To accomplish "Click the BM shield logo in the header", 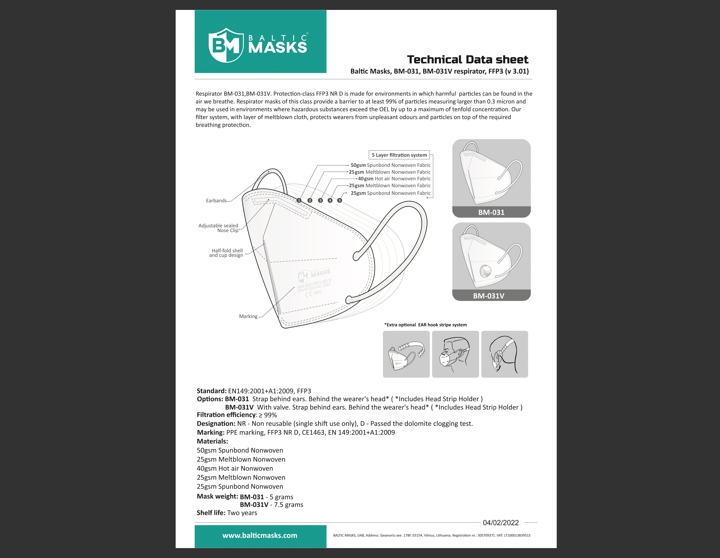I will pyautogui.click(x=226, y=45).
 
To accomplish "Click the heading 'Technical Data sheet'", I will pyautogui.click(x=467, y=60).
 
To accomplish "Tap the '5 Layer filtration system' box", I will pyautogui.click(x=399, y=155).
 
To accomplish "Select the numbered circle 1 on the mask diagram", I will pyautogui.click(x=299, y=200).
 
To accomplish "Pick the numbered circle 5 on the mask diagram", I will pyautogui.click(x=340, y=200).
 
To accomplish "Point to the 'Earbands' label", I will pyautogui.click(x=216, y=201).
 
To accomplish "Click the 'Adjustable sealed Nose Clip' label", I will pyautogui.click(x=218, y=228).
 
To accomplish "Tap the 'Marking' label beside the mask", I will pyautogui.click(x=248, y=316).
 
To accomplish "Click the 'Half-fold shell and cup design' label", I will pyautogui.click(x=227, y=253).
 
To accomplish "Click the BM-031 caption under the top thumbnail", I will pyautogui.click(x=491, y=212).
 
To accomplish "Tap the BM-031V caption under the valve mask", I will pyautogui.click(x=488, y=296).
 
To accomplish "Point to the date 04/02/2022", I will pyautogui.click(x=501, y=523).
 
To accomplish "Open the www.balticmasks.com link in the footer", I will pyautogui.click(x=260, y=536).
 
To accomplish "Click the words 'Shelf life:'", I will pyautogui.click(x=211, y=513).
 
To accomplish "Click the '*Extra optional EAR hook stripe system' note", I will pyautogui.click(x=425, y=325).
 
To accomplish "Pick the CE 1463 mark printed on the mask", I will pyautogui.click(x=313, y=293).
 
